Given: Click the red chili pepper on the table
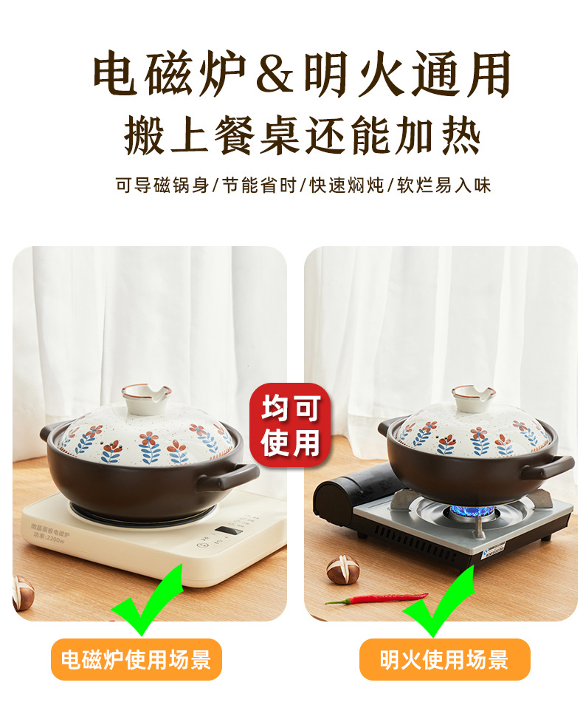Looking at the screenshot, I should [x=376, y=598].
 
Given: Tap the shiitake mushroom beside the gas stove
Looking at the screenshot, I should [x=343, y=569].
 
